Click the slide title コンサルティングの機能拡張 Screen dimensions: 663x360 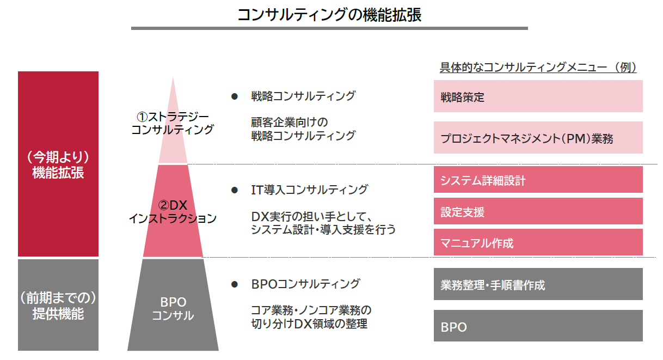(329, 15)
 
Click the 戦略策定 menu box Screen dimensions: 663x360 (538, 96)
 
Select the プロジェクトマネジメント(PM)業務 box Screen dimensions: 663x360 (538, 138)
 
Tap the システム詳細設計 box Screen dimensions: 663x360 (538, 180)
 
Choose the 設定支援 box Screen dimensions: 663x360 (538, 211)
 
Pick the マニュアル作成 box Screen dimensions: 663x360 (538, 242)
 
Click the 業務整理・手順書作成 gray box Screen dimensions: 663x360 (538, 284)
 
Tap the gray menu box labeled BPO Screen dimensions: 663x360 (538, 326)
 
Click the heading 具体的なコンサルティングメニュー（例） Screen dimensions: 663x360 (538, 67)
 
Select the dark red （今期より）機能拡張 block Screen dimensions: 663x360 (58, 164)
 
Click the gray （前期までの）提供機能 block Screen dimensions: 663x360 (58, 305)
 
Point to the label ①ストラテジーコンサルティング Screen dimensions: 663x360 (173, 124)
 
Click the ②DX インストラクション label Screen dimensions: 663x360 (173, 212)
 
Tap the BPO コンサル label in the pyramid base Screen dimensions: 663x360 (173, 309)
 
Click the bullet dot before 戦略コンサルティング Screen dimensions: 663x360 (235, 96)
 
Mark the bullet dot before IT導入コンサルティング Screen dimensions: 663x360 (235, 190)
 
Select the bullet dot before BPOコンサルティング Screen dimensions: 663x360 (235, 284)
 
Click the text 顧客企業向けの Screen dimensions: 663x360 (290, 122)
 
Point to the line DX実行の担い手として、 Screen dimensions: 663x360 (311, 217)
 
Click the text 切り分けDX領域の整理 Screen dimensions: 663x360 (309, 324)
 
